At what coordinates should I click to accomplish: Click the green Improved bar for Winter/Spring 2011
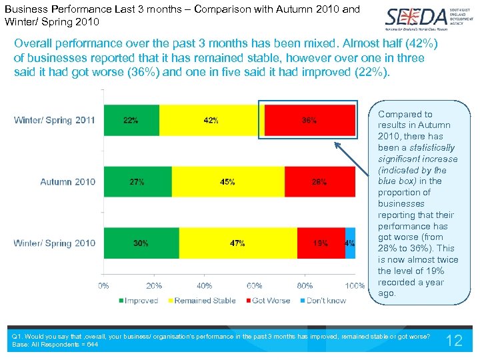pos(131,121)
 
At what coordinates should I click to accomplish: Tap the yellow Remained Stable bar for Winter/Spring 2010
pos(238,243)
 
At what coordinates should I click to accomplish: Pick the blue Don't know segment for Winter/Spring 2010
pos(350,243)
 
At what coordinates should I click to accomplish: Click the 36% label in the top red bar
pos(309,121)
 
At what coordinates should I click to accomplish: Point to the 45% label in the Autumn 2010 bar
pos(227,182)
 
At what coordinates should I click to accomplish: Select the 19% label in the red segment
pos(320,243)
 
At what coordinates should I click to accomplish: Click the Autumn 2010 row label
pos(67,182)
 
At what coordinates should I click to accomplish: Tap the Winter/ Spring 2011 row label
pos(55,121)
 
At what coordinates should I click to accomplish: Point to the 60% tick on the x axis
pos(255,286)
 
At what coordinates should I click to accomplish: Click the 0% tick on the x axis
pos(104,286)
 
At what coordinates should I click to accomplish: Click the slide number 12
pos(453,341)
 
